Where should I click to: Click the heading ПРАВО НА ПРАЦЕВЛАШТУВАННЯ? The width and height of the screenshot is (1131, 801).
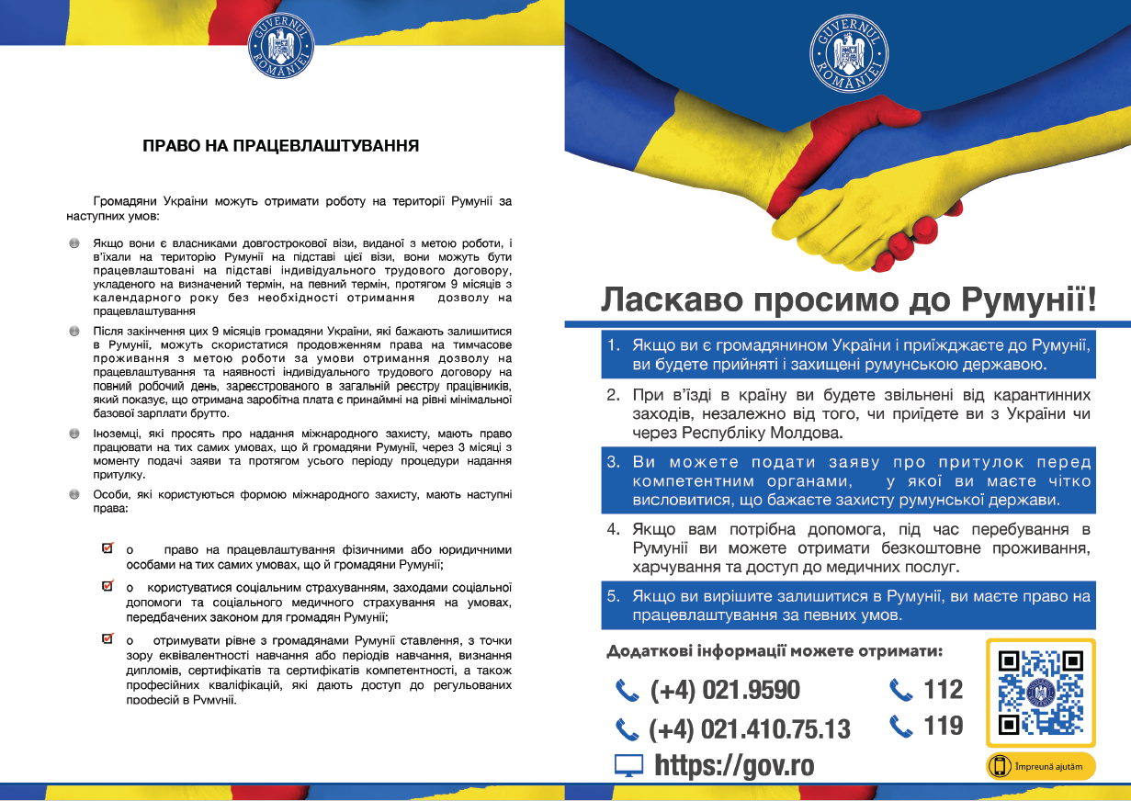click(x=281, y=145)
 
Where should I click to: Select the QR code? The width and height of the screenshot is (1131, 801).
click(x=1040, y=693)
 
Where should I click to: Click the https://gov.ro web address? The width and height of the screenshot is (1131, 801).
click(x=734, y=765)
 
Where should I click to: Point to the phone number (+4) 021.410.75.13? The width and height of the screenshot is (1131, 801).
click(x=749, y=729)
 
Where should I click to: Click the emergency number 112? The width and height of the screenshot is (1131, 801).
click(x=943, y=689)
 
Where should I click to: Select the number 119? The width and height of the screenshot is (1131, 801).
click(x=943, y=726)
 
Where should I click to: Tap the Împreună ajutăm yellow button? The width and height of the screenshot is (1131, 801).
click(x=1041, y=766)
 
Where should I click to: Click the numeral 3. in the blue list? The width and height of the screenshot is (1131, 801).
click(x=614, y=461)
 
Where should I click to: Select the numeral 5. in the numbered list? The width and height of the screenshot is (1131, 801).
click(x=614, y=596)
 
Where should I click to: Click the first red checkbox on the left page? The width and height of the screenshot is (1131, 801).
click(x=107, y=548)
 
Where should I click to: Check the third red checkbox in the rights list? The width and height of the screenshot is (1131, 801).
click(x=107, y=638)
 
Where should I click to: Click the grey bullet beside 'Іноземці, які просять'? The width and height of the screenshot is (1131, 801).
click(x=74, y=432)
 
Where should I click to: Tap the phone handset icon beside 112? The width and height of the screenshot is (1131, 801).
click(x=901, y=689)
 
